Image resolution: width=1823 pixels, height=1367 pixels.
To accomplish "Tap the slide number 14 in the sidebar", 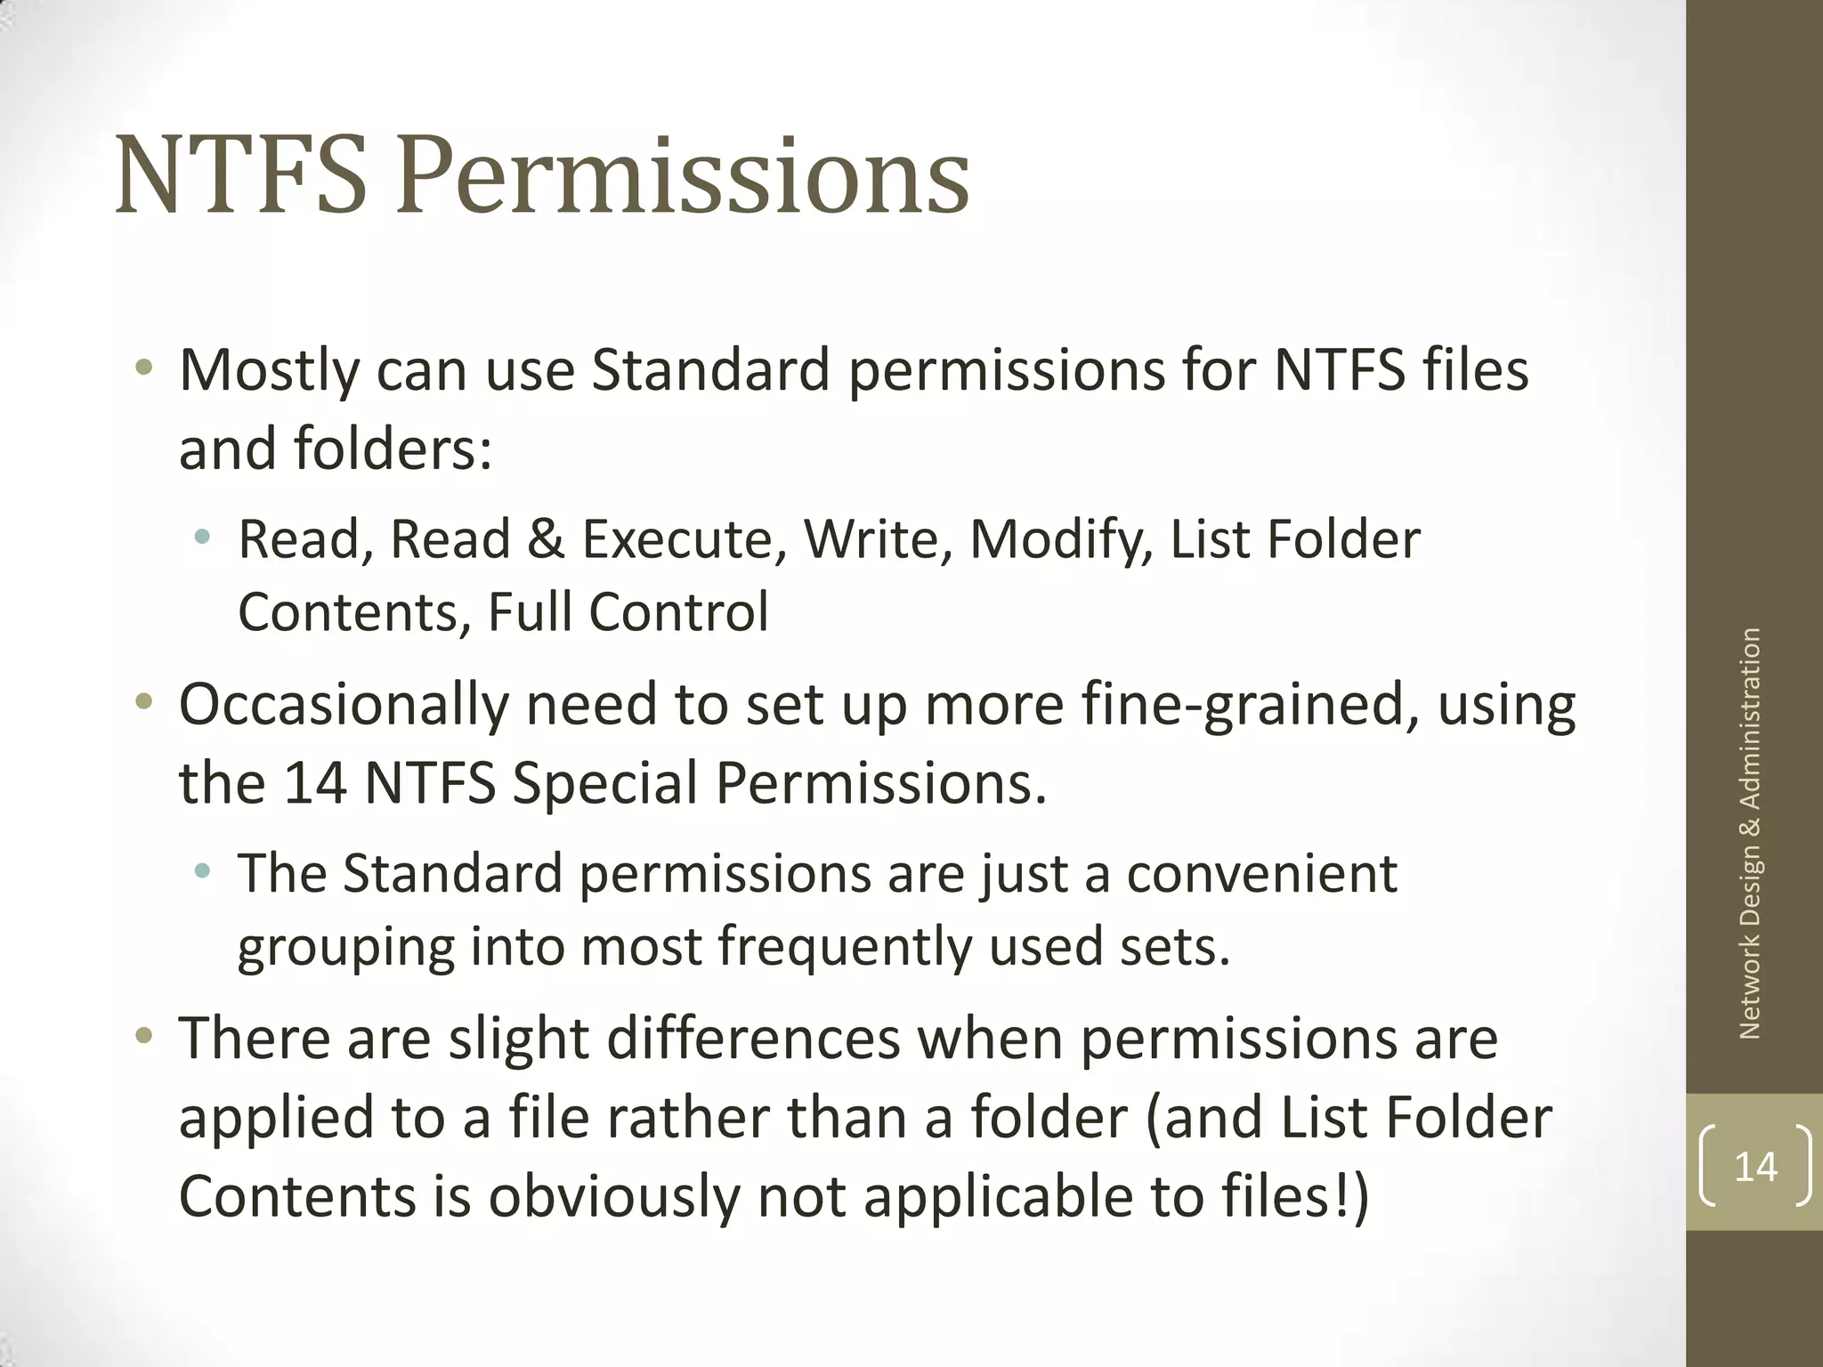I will point(1755,1166).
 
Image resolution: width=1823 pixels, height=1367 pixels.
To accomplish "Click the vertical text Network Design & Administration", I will point(1750,834).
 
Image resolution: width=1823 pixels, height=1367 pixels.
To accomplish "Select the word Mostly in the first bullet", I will point(268,371).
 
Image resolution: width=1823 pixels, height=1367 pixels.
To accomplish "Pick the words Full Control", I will point(628,612).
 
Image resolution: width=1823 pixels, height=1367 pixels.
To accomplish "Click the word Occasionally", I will point(344,705).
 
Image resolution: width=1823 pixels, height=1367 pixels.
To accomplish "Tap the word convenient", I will point(1261,873).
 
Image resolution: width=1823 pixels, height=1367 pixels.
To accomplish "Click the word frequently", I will point(844,946).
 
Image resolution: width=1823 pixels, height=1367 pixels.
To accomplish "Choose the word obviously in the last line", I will point(613,1196).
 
